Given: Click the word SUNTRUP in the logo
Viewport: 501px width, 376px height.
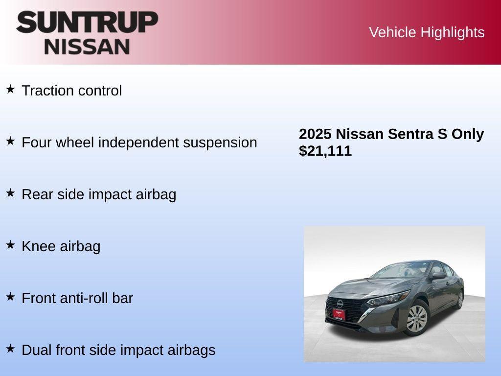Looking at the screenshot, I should pyautogui.click(x=87, y=23).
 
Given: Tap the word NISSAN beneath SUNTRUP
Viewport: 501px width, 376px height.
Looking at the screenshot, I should pyautogui.click(x=87, y=47).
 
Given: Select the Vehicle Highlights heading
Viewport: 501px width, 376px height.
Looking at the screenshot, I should pyautogui.click(x=427, y=32).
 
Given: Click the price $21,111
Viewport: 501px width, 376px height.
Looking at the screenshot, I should pyautogui.click(x=325, y=151).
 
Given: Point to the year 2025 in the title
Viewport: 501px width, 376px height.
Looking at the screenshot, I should pyautogui.click(x=315, y=134).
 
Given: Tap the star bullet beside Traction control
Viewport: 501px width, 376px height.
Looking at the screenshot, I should pyautogui.click(x=10, y=89).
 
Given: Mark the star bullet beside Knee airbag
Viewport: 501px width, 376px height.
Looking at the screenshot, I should pyautogui.click(x=10, y=245).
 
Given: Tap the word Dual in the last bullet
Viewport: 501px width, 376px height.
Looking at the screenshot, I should pyautogui.click(x=37, y=350).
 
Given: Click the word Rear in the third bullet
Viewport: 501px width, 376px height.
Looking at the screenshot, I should pyautogui.click(x=38, y=194).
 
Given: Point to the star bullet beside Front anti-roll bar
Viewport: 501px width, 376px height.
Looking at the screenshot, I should pyautogui.click(x=10, y=297).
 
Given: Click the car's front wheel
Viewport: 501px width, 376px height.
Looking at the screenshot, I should pyautogui.click(x=417, y=319).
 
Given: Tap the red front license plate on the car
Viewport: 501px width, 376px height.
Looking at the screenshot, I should pyautogui.click(x=339, y=314).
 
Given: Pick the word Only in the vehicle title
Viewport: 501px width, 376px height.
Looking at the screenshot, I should pyautogui.click(x=467, y=134).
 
